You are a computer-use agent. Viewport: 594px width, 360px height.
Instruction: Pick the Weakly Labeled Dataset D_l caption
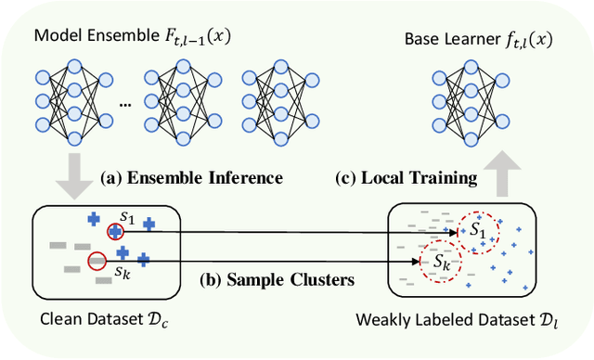(460, 322)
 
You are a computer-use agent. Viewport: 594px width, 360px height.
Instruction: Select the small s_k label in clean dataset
(122, 273)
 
